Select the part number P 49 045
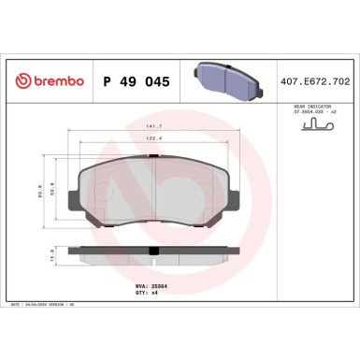137,83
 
